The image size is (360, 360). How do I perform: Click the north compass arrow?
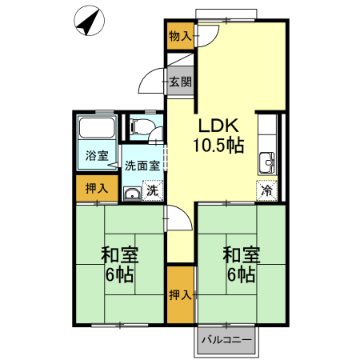point(89,22)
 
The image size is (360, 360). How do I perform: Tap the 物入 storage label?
point(180,36)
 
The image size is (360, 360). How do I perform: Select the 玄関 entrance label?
point(180,82)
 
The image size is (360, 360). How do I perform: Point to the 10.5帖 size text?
point(217,146)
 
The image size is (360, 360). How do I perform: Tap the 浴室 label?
point(98,155)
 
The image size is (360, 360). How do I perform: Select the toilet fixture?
point(141,126)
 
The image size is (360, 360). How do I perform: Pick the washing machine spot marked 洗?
point(152,191)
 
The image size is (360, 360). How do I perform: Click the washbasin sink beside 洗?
point(132,193)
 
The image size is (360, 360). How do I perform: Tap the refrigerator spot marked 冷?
point(266,191)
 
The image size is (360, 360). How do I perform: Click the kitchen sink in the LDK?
point(266,165)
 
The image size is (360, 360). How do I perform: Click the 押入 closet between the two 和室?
point(180,295)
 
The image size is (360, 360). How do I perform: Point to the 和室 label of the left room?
point(120,256)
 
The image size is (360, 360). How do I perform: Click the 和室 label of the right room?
point(241,256)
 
